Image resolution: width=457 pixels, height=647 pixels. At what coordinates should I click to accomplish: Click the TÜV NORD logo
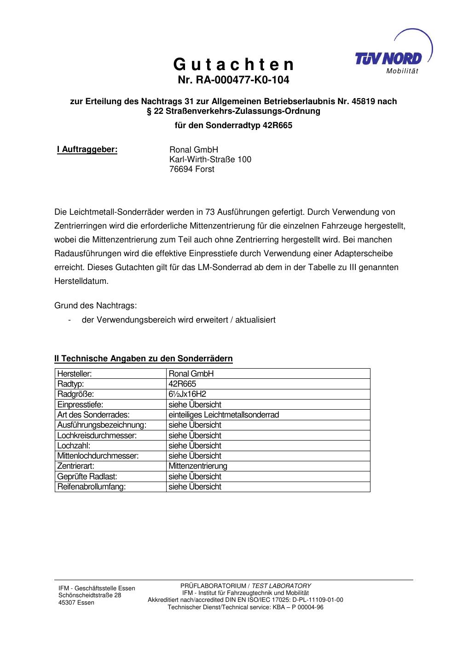pyautogui.click(x=389, y=58)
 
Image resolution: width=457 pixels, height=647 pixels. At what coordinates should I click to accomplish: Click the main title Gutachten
pyautogui.click(x=233, y=64)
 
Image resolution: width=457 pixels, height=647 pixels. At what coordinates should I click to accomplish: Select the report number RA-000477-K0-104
pyautogui.click(x=233, y=80)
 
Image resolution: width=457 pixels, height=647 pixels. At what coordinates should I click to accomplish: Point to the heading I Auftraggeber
pyautogui.click(x=87, y=149)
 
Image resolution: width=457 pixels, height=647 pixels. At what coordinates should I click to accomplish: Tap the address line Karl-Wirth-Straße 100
pyautogui.click(x=210, y=159)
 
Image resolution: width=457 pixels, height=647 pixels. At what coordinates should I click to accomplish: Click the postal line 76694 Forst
pyautogui.click(x=192, y=169)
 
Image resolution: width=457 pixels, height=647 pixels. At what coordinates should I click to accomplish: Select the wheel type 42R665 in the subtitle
pyautogui.click(x=277, y=125)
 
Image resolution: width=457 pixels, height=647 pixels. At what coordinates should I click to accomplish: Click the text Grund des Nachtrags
pyautogui.click(x=96, y=306)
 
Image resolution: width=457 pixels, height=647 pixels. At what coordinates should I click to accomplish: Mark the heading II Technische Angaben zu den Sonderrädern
pyautogui.click(x=144, y=359)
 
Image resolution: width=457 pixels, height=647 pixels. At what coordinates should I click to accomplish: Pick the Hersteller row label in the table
pyautogui.click(x=75, y=374)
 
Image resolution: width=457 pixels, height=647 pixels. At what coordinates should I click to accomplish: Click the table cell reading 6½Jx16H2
pyautogui.click(x=187, y=394)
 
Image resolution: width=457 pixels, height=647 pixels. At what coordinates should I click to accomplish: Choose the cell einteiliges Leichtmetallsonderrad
pyautogui.click(x=224, y=415)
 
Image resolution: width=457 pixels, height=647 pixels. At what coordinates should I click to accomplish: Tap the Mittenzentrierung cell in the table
pyautogui.click(x=198, y=466)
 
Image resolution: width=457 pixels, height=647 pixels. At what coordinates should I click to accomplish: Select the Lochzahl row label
pyautogui.click(x=74, y=446)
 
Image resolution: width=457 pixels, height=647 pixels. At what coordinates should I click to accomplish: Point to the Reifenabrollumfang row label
pyautogui.click(x=91, y=487)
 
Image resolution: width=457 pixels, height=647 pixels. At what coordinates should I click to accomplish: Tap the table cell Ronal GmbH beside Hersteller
pyautogui.click(x=191, y=374)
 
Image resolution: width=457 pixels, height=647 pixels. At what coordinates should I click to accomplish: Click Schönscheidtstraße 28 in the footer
pyautogui.click(x=90, y=595)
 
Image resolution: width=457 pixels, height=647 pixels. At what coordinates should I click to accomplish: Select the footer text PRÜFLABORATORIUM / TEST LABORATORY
pyautogui.click(x=245, y=586)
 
